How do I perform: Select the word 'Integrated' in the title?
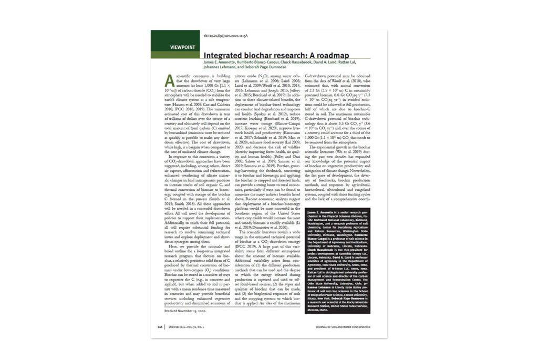(x=223, y=55)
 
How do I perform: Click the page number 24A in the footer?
(x=158, y=326)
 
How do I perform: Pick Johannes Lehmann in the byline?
(x=220, y=67)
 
